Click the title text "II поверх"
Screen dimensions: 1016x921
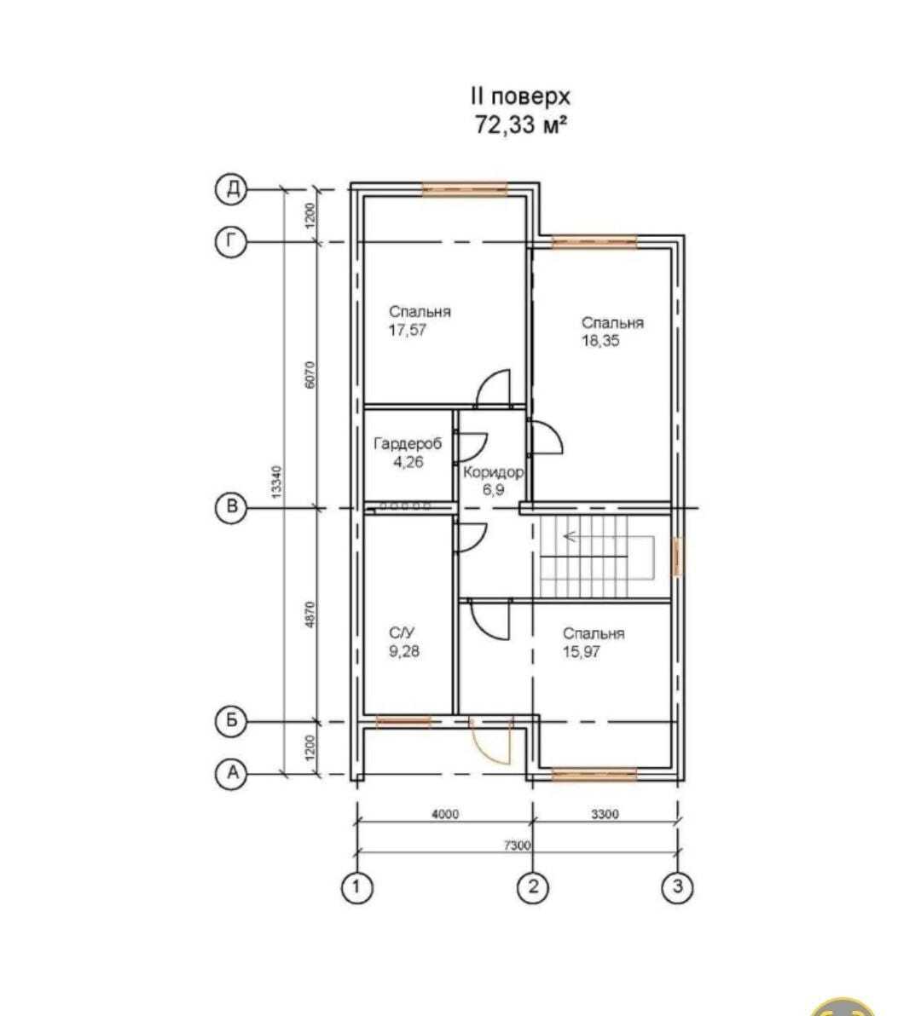click(x=521, y=96)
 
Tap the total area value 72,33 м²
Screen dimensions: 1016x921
click(x=521, y=125)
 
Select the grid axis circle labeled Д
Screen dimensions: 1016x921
click(x=231, y=189)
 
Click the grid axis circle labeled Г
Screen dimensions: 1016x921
click(x=231, y=243)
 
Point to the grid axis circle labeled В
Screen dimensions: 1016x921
click(x=231, y=508)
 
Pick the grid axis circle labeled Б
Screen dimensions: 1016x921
click(x=231, y=722)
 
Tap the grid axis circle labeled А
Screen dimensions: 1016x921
click(x=231, y=774)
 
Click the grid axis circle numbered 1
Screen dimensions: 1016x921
click(x=356, y=887)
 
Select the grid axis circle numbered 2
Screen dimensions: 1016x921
click(x=533, y=887)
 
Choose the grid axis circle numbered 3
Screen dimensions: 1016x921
click(x=677, y=887)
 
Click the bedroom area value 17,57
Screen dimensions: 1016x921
click(x=407, y=330)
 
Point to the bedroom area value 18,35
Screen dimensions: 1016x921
click(x=600, y=341)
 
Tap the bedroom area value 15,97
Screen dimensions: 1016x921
click(x=582, y=652)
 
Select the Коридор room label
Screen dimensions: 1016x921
click(x=493, y=471)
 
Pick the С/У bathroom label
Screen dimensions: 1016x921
click(x=403, y=633)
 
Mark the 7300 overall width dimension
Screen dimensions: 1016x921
click(x=517, y=846)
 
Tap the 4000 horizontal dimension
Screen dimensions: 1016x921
click(x=443, y=814)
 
